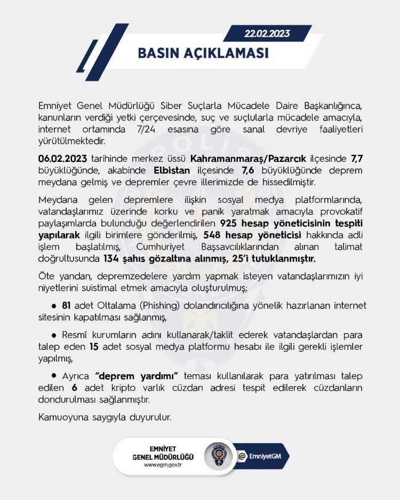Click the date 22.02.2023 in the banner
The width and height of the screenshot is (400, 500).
coord(267,34)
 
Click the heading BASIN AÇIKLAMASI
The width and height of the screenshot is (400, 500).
coord(203,53)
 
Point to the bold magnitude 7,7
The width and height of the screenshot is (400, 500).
coord(356,159)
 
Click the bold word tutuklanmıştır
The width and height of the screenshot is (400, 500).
coord(284,259)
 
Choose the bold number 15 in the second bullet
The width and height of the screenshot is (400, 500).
coord(79,347)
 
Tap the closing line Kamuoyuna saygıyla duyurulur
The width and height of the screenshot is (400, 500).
coord(105,417)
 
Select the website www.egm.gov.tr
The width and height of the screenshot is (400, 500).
coord(163,465)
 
